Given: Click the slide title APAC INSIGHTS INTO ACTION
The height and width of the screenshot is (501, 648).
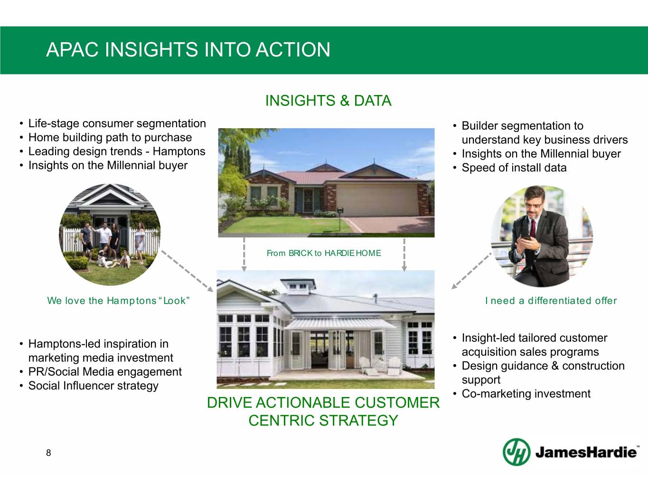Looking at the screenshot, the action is pos(188,49).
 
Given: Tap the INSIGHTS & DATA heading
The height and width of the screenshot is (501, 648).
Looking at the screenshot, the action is pos(328,101).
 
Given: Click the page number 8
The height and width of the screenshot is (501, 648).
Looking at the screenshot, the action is pos(48,453).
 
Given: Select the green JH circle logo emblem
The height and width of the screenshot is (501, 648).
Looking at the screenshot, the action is pos(517,452).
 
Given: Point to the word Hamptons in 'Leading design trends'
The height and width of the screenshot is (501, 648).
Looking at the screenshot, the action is pos(179,151).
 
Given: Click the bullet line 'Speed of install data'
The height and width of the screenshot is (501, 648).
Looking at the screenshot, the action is pos(514,168).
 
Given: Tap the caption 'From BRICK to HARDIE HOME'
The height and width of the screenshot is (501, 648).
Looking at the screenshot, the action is pos(324,253).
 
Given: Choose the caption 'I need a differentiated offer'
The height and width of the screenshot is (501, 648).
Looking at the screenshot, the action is pos(551,301).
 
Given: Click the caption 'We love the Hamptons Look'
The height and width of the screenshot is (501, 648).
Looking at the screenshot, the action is pos(118,301).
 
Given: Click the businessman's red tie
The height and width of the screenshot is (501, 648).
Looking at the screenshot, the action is pos(532,228).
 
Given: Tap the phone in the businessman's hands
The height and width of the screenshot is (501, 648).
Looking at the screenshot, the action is pos(526,237).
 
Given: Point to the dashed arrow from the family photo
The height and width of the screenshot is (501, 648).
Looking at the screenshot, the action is pos(187,271).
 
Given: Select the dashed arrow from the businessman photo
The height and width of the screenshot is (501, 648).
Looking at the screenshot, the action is pos(471,271).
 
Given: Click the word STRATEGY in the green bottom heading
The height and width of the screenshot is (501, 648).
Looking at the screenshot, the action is pos(358,420).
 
